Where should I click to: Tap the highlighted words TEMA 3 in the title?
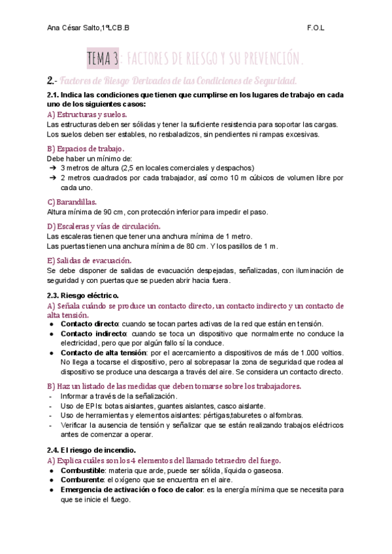coord(103,59)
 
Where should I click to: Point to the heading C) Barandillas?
coord(72,202)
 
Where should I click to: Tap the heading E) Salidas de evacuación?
coord(90,260)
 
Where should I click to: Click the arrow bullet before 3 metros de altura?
coord(52,168)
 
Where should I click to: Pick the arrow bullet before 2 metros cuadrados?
coord(52,178)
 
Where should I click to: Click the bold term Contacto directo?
coord(89,323)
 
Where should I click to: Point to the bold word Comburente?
coord(82,480)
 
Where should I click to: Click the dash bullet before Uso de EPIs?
coord(51,406)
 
